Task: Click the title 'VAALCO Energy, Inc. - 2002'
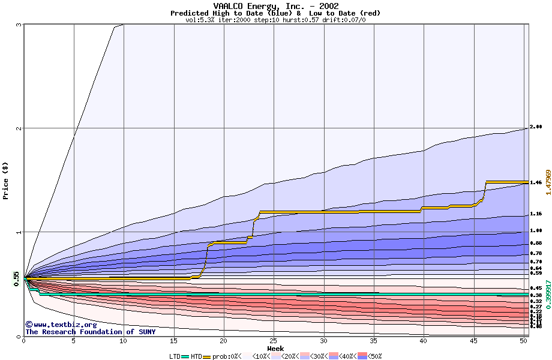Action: pos(275,6)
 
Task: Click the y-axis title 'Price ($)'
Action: pos(5,180)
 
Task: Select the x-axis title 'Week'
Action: pos(275,348)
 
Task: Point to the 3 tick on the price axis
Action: pos(19,25)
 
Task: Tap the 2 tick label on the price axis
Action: pos(19,128)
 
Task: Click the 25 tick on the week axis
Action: pos(274,341)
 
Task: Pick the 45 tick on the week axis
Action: pos(473,341)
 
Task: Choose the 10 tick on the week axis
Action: pos(124,341)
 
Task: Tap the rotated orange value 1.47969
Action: pos(548,181)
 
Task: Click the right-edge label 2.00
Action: pos(536,127)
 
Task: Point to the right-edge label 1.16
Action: pos(536,214)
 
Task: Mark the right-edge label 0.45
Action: pos(536,289)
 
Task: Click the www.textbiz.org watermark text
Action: pos(61,325)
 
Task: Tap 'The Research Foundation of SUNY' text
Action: pos(90,332)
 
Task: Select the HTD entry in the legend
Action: pos(196,356)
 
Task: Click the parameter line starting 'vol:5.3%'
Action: pos(275,20)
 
